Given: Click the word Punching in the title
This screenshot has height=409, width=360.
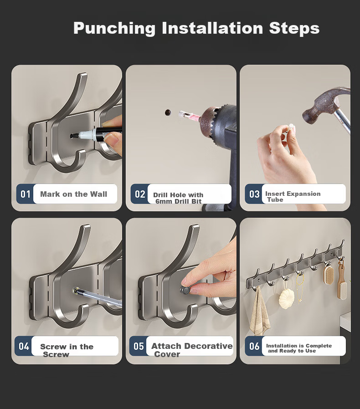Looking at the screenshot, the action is pyautogui.click(x=114, y=28).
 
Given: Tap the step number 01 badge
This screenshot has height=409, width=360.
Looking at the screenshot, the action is pyautogui.click(x=26, y=194).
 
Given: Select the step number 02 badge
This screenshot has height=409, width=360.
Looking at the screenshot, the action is pyautogui.click(x=139, y=194).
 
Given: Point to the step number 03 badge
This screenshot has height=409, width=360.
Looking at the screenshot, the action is pyautogui.click(x=254, y=194).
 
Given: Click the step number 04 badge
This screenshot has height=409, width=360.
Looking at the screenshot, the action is pyautogui.click(x=24, y=346).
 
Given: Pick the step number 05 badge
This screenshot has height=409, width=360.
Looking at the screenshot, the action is pyautogui.click(x=139, y=346).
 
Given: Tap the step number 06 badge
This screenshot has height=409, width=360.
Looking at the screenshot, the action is pyautogui.click(x=254, y=346).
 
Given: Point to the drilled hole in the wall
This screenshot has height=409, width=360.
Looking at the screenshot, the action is pyautogui.click(x=168, y=112).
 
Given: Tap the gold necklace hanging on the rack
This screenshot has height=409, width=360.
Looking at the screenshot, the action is pyautogui.click(x=300, y=288).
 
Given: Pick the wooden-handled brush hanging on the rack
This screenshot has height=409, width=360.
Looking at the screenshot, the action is pyautogui.click(x=341, y=279).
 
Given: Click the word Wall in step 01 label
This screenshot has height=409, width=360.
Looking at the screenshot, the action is pyautogui.click(x=98, y=194).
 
